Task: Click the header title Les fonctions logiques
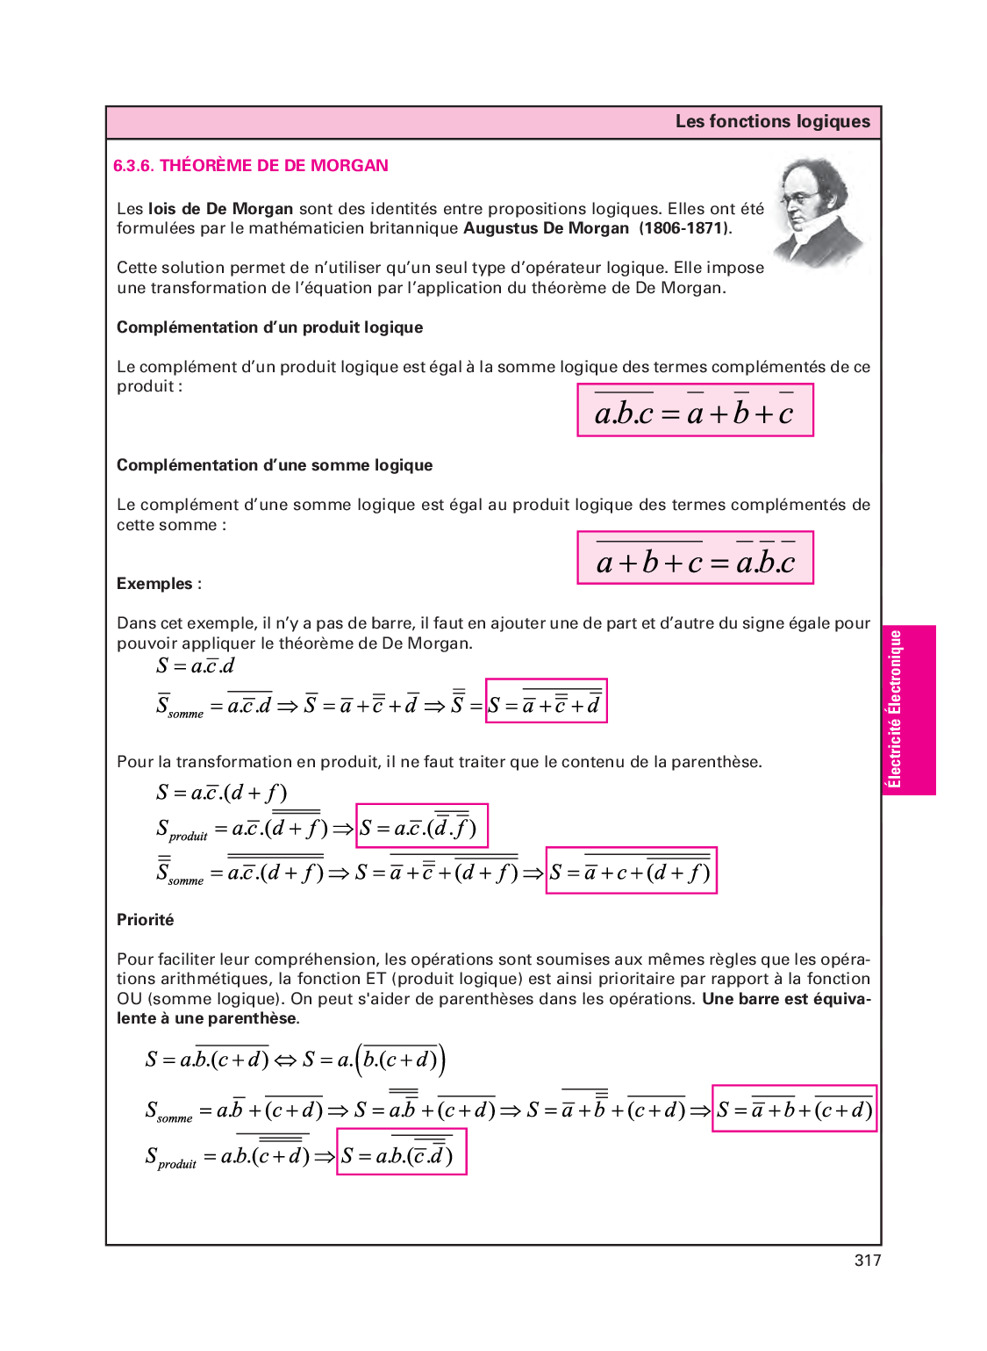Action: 772,122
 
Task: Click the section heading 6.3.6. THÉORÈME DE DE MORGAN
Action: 251,166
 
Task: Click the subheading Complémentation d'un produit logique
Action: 269,327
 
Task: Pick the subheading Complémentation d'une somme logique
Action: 275,465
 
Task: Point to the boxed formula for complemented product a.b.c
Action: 695,410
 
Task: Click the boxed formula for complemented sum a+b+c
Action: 695,557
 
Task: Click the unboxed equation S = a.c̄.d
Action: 196,666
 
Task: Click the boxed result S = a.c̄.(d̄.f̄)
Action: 421,826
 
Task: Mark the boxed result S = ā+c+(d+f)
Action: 631,871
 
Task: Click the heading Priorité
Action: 146,920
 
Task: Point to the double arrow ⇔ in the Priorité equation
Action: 285,1060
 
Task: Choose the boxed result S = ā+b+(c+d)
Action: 794,1110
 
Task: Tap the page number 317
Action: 867,1261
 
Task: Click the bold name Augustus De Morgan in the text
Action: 546,228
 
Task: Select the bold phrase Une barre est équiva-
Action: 786,999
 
